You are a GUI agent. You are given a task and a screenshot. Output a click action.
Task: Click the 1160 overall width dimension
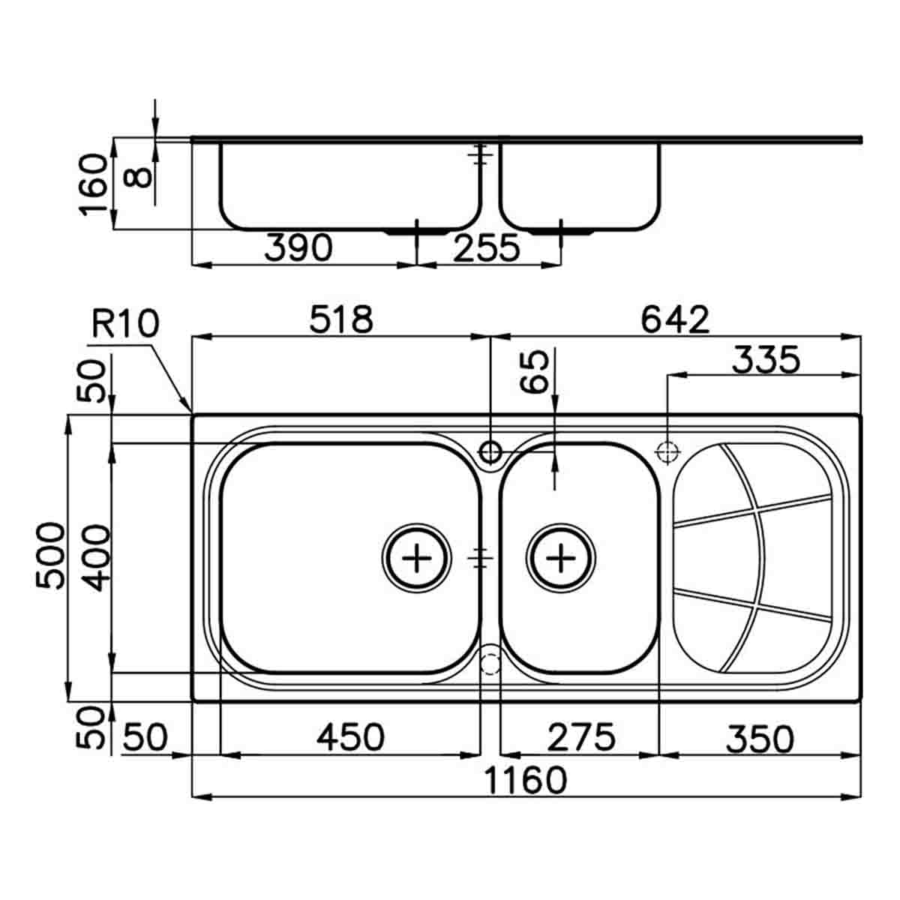(x=525, y=780)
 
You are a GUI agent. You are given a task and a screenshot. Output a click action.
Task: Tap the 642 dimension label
(x=675, y=320)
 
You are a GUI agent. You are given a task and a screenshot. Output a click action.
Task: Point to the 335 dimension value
(x=766, y=361)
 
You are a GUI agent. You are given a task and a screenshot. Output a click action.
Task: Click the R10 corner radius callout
(x=125, y=325)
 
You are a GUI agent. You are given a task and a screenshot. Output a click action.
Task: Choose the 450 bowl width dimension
(x=350, y=737)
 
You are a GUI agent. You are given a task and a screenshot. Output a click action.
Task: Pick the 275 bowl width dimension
(x=580, y=737)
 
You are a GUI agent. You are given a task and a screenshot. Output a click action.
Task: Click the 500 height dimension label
(x=52, y=556)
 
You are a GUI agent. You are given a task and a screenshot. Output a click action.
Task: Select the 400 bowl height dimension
(x=95, y=557)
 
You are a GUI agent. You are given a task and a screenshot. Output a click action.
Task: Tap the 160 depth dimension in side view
(x=95, y=184)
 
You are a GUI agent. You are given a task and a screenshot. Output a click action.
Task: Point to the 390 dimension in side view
(x=298, y=247)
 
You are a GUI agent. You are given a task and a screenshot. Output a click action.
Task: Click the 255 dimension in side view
(x=486, y=247)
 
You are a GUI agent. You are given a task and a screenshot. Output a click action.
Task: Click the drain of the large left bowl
(x=417, y=558)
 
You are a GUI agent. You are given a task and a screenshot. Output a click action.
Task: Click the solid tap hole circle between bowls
(x=490, y=452)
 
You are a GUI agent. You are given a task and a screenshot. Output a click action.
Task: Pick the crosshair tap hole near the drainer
(x=667, y=452)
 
